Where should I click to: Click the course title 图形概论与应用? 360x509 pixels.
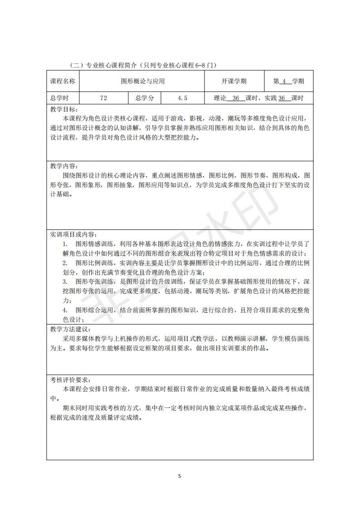(x=142, y=82)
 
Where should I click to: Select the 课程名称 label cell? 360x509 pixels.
(x=63, y=82)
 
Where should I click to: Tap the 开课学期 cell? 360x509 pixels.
(x=234, y=82)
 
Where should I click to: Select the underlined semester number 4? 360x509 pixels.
(x=284, y=82)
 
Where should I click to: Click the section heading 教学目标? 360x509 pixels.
(x=64, y=110)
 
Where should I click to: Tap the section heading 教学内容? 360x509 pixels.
(x=64, y=166)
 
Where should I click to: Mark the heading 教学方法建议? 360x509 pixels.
(x=70, y=329)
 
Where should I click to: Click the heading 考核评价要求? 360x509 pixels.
(x=70, y=379)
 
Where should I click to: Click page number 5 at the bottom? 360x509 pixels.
(x=180, y=476)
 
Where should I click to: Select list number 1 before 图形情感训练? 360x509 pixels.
(x=65, y=244)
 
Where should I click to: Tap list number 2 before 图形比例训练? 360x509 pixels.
(x=65, y=263)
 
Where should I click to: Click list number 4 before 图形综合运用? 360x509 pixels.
(x=65, y=310)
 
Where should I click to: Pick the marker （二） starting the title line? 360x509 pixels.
(x=75, y=65)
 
